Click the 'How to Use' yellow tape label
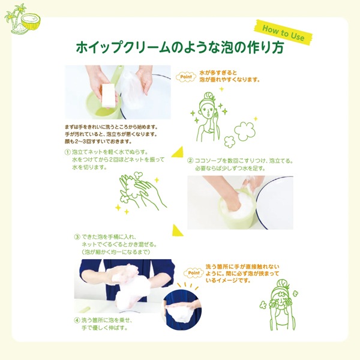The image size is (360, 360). [284, 32]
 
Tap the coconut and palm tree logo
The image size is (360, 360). [22, 19]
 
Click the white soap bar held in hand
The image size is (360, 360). [110, 95]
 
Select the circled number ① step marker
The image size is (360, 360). [68, 152]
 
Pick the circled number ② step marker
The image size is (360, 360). [190, 160]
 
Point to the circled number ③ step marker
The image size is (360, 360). [77, 237]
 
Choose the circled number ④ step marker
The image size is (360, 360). [77, 320]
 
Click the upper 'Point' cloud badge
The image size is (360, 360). [186, 77]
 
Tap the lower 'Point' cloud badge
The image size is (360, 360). [194, 273]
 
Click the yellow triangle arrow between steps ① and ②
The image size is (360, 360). [178, 152]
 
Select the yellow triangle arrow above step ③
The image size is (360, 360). [177, 230]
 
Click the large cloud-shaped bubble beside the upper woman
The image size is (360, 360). [245, 131]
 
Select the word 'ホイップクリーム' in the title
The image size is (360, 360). [122, 47]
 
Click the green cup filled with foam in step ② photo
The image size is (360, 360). [236, 209]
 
